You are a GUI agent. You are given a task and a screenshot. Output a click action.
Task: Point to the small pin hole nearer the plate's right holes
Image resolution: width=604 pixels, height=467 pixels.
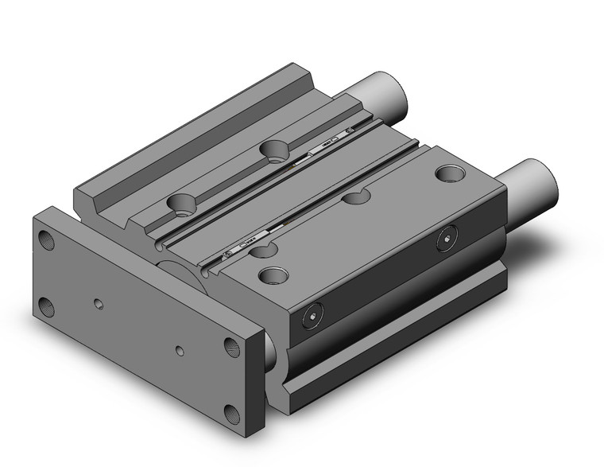click(180, 349)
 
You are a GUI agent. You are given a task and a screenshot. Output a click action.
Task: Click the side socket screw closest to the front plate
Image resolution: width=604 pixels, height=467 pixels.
click(311, 316)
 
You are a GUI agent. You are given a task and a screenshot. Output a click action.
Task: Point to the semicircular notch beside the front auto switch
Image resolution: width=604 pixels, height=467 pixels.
click(263, 251)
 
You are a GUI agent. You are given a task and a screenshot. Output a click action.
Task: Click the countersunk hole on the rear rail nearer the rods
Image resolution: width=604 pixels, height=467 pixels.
click(276, 149)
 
